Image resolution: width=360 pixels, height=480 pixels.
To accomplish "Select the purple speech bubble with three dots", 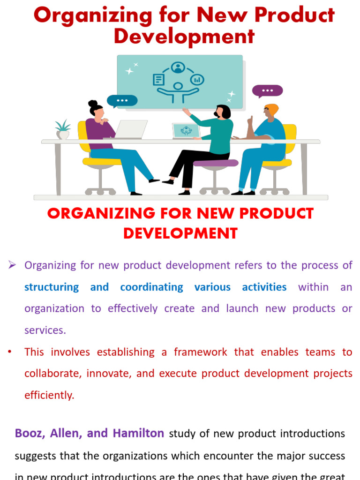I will [x=268, y=91].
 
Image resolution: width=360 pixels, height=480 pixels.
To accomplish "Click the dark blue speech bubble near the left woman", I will [x=122, y=101].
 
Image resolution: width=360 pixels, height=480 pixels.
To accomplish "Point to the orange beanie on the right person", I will [x=271, y=109].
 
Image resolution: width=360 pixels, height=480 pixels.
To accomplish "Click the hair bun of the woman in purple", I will [x=93, y=104].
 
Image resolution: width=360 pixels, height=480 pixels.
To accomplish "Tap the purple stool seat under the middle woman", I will [x=215, y=163].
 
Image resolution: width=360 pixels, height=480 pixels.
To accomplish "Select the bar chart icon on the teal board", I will [x=197, y=80].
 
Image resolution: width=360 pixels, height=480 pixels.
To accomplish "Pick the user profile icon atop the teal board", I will [x=178, y=68].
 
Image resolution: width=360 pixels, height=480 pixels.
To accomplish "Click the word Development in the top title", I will [x=184, y=37].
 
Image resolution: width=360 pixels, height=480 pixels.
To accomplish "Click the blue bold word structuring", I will [x=52, y=287].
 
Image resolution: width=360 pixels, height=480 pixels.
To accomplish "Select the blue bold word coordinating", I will [x=151, y=287].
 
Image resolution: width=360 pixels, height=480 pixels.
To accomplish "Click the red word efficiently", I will [x=49, y=395].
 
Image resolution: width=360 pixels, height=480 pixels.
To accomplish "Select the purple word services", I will [x=45, y=330].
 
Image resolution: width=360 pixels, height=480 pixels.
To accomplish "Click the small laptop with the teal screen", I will [x=186, y=131].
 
